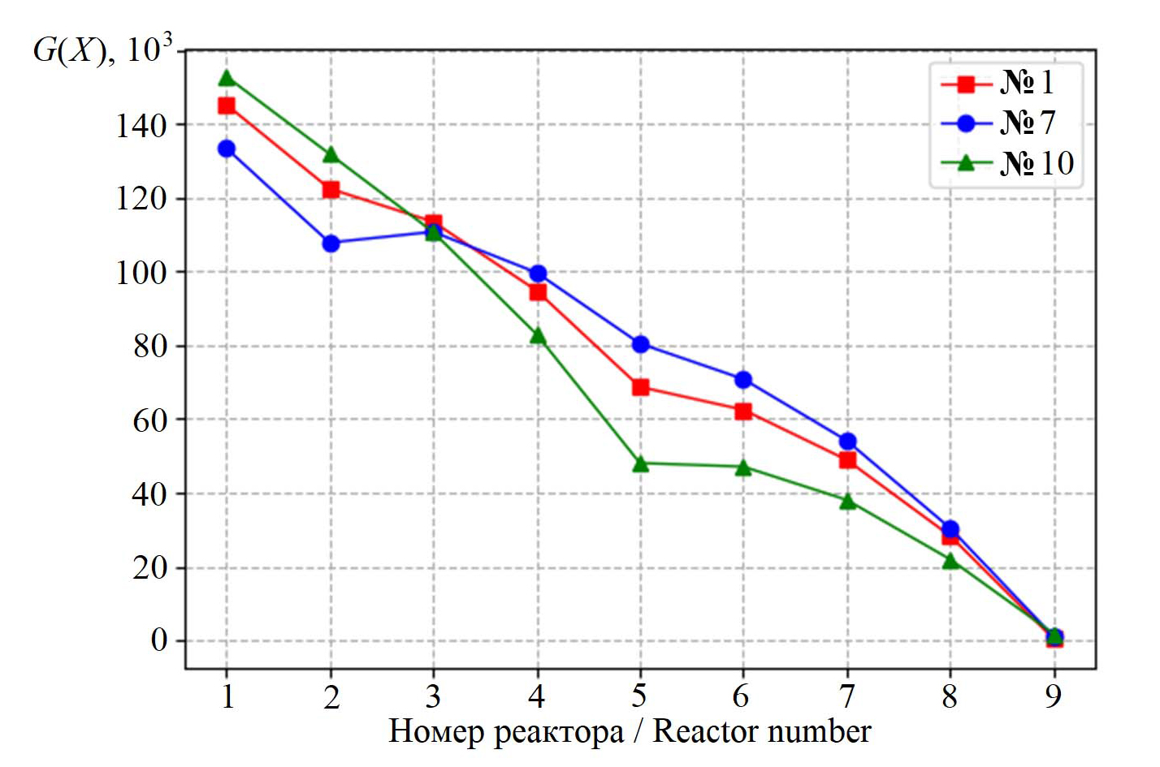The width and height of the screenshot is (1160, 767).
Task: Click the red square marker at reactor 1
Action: (x=227, y=106)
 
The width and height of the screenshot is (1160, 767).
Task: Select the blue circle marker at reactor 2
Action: (x=331, y=243)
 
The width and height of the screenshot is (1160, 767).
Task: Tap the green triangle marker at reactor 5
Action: (x=640, y=464)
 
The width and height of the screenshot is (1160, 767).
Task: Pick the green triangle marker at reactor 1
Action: (x=227, y=78)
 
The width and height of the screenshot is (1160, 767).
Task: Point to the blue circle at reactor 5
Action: (x=640, y=344)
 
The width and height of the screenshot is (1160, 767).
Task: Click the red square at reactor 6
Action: (x=743, y=412)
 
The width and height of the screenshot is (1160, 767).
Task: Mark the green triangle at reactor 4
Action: (x=538, y=336)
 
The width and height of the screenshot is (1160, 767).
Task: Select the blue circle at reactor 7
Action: (x=847, y=442)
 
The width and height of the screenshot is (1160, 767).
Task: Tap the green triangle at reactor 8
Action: (x=950, y=561)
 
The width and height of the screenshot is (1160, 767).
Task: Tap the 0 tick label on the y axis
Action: (x=159, y=640)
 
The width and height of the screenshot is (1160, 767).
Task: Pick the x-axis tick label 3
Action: (x=434, y=696)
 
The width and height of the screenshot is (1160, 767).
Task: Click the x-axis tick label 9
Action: (x=1054, y=696)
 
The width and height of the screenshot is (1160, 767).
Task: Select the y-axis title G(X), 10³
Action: (x=102, y=50)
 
